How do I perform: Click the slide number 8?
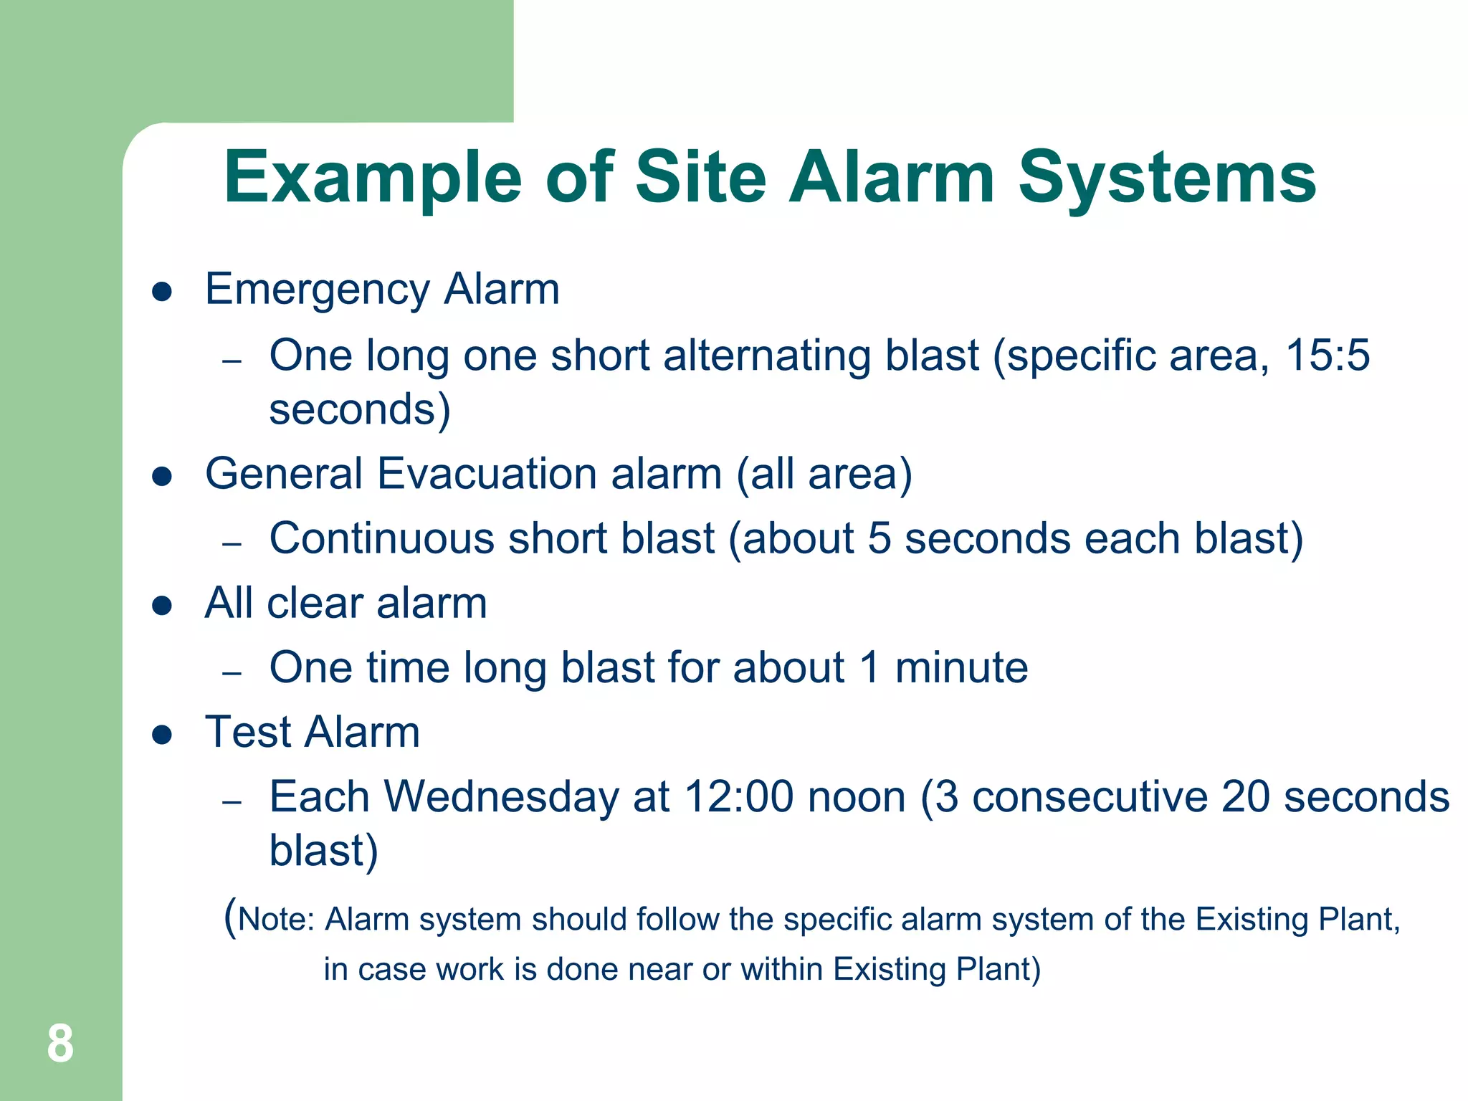(x=60, y=1044)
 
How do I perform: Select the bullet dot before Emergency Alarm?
(x=163, y=292)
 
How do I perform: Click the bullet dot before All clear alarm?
(x=163, y=606)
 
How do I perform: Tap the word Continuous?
(x=382, y=538)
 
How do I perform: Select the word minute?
(x=961, y=667)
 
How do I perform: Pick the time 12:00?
(x=738, y=796)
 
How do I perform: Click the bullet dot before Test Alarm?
(x=163, y=735)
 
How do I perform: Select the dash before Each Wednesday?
(x=232, y=802)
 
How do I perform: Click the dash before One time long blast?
(x=232, y=673)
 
